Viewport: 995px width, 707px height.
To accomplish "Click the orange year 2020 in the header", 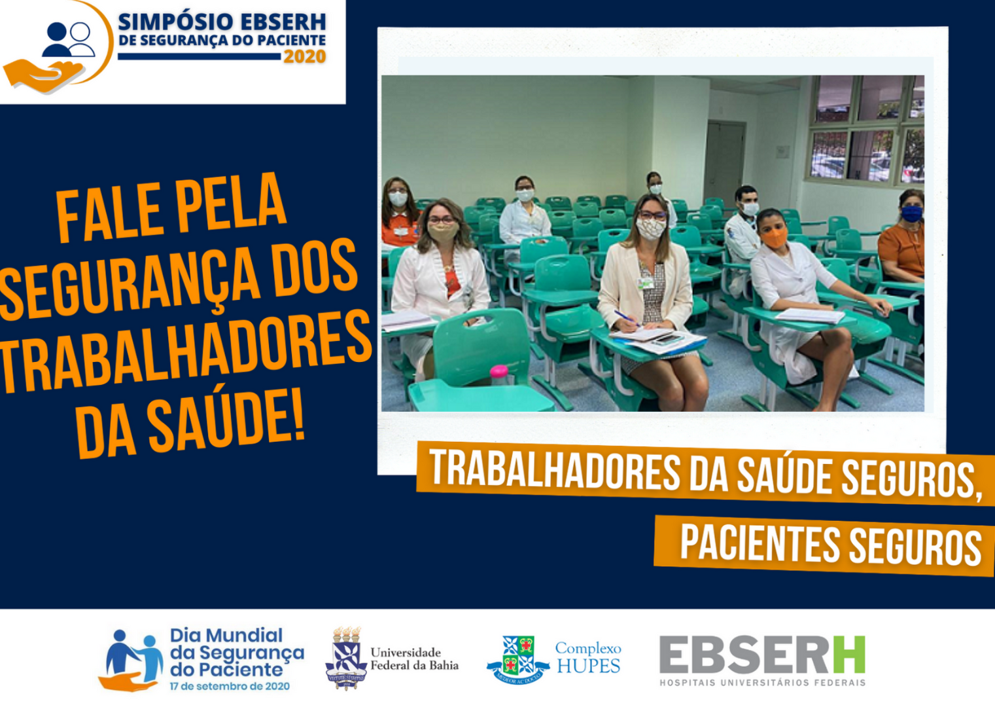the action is [x=305, y=56].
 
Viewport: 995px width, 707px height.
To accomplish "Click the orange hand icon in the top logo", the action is [x=44, y=75].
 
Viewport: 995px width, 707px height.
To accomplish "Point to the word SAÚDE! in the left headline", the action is [x=227, y=423].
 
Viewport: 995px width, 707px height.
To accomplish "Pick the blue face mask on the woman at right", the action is [x=911, y=214].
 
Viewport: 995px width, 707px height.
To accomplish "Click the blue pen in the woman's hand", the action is [x=627, y=318].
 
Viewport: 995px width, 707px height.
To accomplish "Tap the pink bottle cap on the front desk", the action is [x=499, y=371].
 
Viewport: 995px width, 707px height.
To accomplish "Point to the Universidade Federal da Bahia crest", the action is [x=346, y=659].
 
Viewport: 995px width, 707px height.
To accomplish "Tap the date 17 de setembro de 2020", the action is [x=230, y=686].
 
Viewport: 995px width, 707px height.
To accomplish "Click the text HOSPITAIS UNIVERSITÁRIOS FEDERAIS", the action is [x=762, y=682].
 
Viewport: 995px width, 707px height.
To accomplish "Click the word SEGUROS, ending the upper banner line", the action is [x=911, y=479].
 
